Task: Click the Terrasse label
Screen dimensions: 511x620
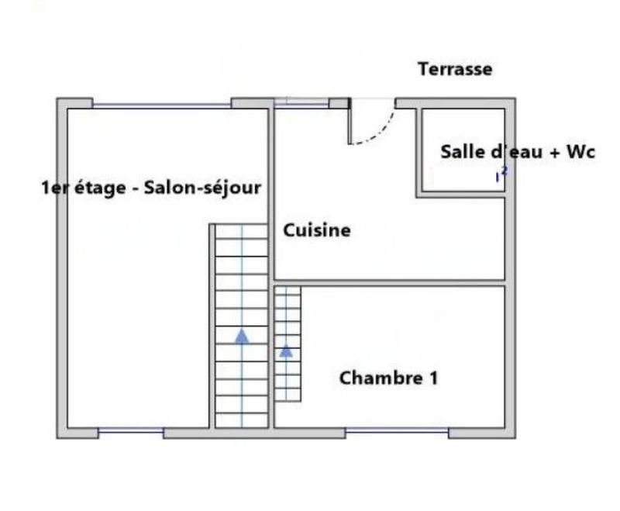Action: tap(455, 69)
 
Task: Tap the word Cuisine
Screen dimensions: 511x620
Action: tap(316, 230)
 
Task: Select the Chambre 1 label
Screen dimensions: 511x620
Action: tap(388, 378)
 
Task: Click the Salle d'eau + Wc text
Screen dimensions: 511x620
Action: tap(518, 152)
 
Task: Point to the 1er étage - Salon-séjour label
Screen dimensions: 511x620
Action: tap(150, 188)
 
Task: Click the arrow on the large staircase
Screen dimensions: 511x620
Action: tap(242, 336)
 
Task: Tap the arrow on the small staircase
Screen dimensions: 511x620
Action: tap(287, 350)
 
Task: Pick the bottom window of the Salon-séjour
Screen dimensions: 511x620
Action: tap(131, 431)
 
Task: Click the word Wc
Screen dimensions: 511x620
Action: tap(580, 152)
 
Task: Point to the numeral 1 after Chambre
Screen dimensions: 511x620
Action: tap(432, 378)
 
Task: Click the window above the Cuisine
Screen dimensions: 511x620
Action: tap(302, 102)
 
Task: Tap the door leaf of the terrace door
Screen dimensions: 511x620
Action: tap(350, 121)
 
